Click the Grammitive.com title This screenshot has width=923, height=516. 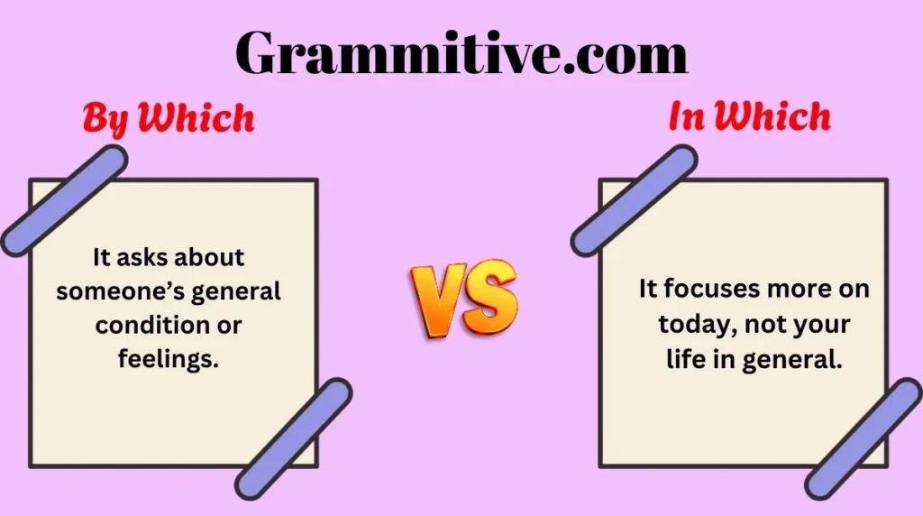461,52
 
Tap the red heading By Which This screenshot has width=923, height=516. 169,118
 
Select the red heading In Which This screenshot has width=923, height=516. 749,117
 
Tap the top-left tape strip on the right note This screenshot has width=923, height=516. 634,199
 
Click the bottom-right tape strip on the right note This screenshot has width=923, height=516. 864,437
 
